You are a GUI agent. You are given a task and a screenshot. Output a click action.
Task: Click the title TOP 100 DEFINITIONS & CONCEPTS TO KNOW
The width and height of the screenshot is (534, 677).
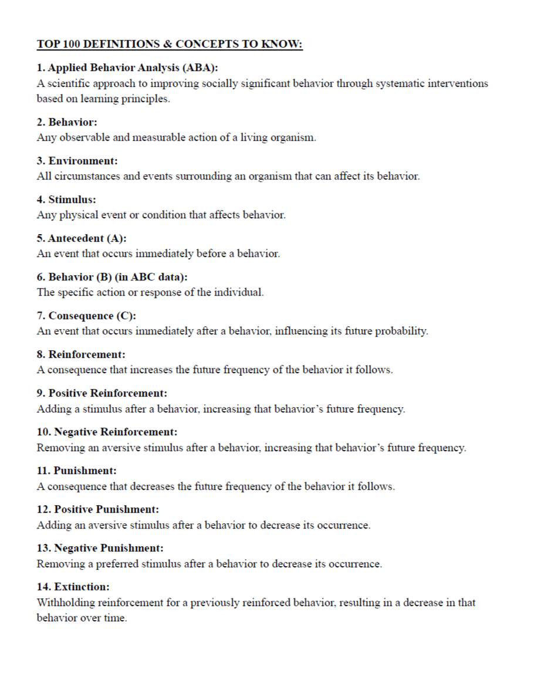click(x=170, y=45)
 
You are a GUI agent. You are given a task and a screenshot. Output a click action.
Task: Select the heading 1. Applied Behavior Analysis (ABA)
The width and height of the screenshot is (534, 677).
click(x=127, y=67)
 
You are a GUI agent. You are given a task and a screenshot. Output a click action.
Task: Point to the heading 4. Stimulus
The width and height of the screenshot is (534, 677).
click(x=66, y=199)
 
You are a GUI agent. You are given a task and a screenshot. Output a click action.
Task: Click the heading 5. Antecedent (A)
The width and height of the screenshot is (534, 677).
click(x=82, y=238)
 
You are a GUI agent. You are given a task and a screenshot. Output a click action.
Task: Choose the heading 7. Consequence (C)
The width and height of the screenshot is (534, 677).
click(x=86, y=316)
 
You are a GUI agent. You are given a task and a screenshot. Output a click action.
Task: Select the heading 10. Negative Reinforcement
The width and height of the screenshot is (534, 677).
click(x=107, y=432)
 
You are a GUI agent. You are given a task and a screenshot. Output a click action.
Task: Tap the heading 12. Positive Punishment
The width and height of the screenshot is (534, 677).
click(x=97, y=509)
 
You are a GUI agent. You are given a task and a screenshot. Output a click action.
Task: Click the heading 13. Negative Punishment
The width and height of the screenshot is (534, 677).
click(x=100, y=548)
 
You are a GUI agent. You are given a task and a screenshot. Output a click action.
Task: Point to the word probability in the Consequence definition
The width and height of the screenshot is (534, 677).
click(x=404, y=331)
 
